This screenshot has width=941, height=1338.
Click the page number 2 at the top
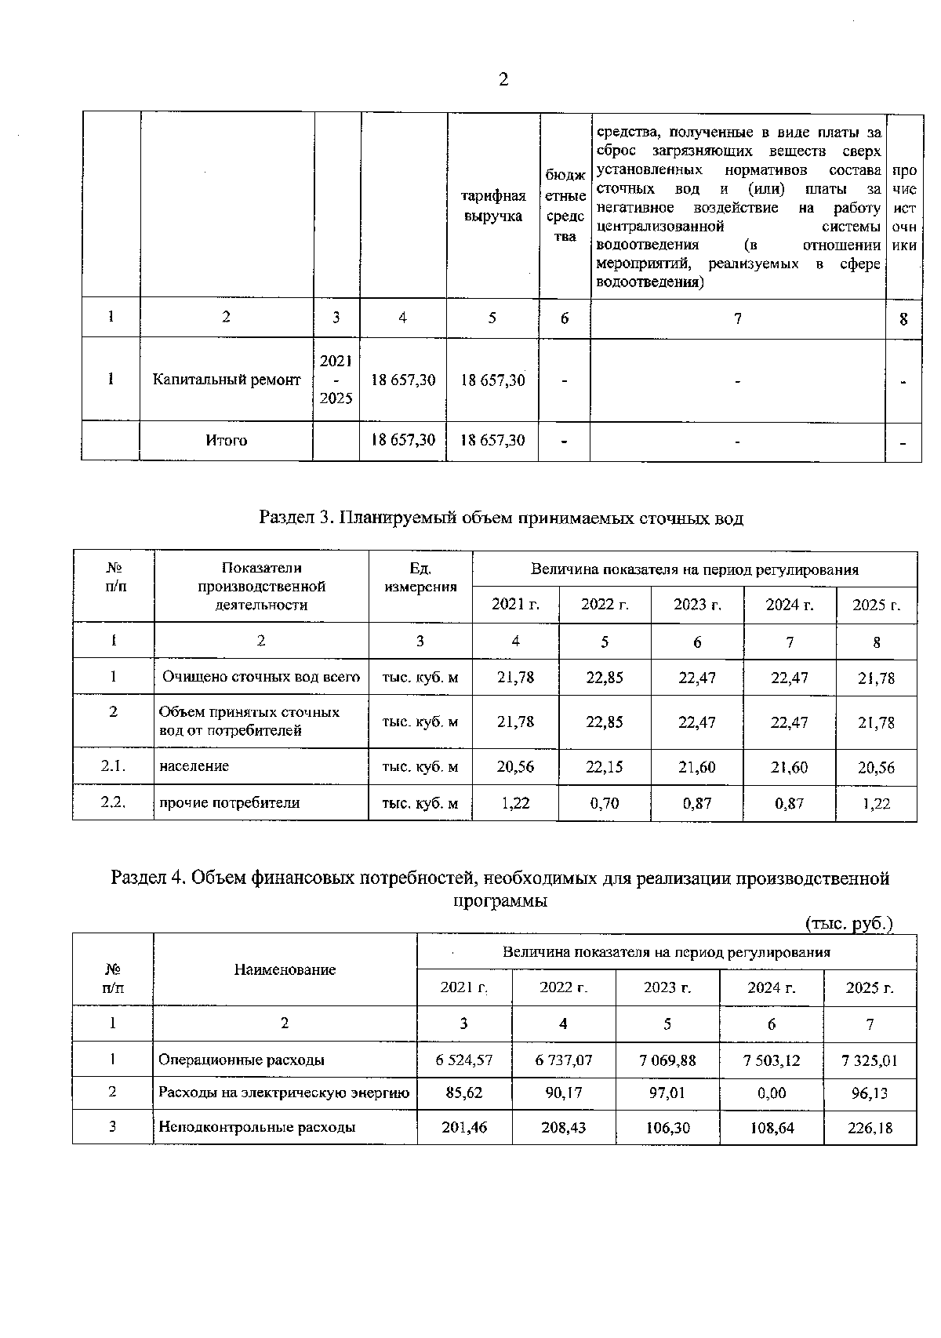[503, 79]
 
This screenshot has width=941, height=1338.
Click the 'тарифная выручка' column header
[492, 205]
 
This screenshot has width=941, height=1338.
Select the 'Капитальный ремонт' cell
[227, 380]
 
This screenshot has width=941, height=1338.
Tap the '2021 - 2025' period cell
[336, 380]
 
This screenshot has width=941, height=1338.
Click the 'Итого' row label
[227, 441]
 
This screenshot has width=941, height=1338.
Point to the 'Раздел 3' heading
[500, 518]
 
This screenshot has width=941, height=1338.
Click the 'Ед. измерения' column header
[420, 577]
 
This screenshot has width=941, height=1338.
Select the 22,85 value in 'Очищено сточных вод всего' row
[605, 677]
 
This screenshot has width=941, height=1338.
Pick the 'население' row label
[194, 766]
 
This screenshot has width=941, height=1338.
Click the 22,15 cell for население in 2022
[605, 767]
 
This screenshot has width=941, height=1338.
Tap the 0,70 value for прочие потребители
[605, 803]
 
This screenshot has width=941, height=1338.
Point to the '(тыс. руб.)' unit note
[849, 924]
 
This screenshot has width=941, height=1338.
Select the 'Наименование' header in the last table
[285, 970]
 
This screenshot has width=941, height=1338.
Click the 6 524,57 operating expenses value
[464, 1060]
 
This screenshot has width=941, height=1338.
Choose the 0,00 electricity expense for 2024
[772, 1093]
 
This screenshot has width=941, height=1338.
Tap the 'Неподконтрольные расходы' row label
[257, 1128]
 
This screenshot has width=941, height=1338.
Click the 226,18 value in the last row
[870, 1128]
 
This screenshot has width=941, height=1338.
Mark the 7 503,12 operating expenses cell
[772, 1060]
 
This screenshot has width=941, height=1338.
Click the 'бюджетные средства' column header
[565, 205]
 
